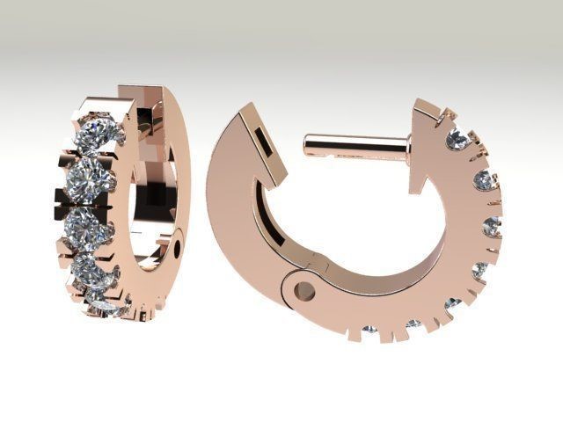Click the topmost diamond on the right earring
click(457, 139)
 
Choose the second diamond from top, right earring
click(483, 181)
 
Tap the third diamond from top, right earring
click(492, 226)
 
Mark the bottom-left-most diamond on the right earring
click(369, 330)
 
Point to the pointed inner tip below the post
click(420, 189)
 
